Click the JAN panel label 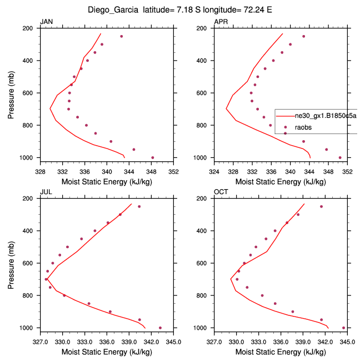(46, 22)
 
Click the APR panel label (221, 22)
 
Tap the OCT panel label (221, 192)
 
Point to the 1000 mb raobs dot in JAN (153, 157)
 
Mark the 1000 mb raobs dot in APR (340, 157)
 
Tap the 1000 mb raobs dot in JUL (160, 328)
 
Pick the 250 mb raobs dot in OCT (321, 206)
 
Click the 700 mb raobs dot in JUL (46, 279)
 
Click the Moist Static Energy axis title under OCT (281, 352)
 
